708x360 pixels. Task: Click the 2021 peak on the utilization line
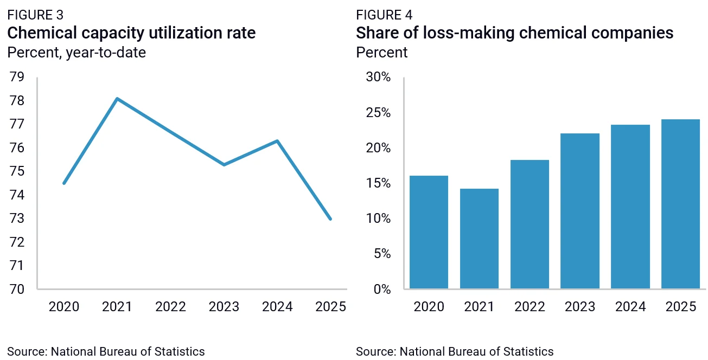(117, 99)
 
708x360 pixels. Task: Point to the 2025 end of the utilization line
(330, 219)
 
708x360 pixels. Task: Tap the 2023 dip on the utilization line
(224, 164)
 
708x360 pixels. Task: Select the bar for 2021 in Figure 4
(479, 239)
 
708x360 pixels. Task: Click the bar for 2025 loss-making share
(680, 204)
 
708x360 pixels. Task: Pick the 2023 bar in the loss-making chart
(580, 211)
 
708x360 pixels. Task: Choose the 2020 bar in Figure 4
(429, 232)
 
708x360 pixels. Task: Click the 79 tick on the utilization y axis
(17, 77)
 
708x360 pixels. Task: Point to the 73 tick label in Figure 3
(17, 218)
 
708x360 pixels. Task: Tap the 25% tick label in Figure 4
(378, 112)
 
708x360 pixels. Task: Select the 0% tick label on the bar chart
(382, 290)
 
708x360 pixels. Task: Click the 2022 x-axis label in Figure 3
(171, 307)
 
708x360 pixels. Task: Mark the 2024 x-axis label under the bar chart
(630, 307)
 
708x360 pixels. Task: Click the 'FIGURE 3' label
(35, 15)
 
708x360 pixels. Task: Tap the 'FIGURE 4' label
(384, 15)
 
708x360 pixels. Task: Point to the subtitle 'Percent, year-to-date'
(76, 53)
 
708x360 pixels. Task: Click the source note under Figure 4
(455, 351)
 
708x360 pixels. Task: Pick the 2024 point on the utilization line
(277, 141)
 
